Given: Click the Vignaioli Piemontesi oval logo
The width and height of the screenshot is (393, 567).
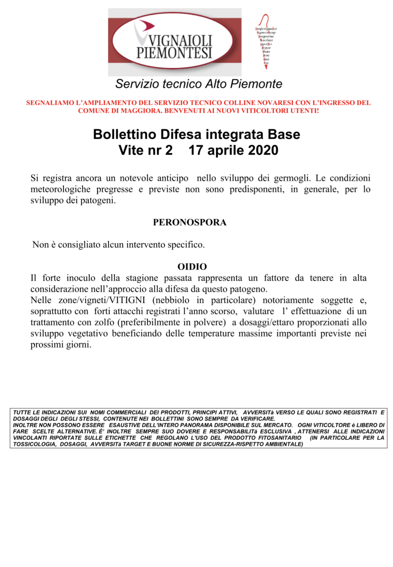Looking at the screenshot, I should coord(174,42).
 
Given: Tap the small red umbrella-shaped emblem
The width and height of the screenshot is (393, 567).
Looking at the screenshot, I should coord(266,42).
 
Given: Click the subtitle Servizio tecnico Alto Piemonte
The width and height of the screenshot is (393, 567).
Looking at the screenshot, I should coord(198,84).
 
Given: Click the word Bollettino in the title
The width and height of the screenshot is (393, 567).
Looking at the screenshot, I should coord(124,134).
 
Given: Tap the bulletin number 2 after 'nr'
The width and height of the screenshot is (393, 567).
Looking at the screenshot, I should coord(169,150).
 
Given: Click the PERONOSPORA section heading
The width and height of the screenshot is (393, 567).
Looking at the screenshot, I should coord(190,222).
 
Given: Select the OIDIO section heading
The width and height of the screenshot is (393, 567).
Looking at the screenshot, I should coord(192,267).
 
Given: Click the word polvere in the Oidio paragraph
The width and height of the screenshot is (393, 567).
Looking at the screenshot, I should coord(209,322).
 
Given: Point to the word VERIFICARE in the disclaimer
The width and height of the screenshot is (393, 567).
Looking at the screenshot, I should coord(258,419).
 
